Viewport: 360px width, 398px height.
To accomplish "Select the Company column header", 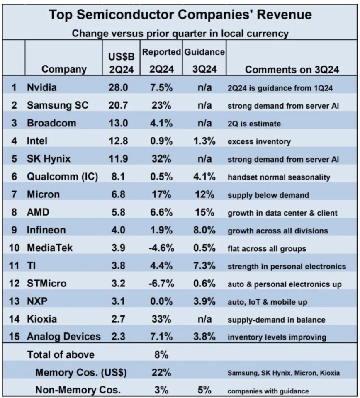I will click(x=64, y=69).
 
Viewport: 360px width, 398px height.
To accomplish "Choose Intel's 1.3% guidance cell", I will click(x=204, y=141).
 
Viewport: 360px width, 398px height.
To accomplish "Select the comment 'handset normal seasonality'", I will click(x=279, y=177).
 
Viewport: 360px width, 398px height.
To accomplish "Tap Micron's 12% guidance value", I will click(x=204, y=195).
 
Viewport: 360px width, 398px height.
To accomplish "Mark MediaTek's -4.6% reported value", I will click(x=160, y=249).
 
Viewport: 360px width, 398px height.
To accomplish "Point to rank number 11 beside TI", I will click(x=14, y=267).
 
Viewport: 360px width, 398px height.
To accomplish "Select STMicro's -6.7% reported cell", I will click(x=160, y=284).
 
